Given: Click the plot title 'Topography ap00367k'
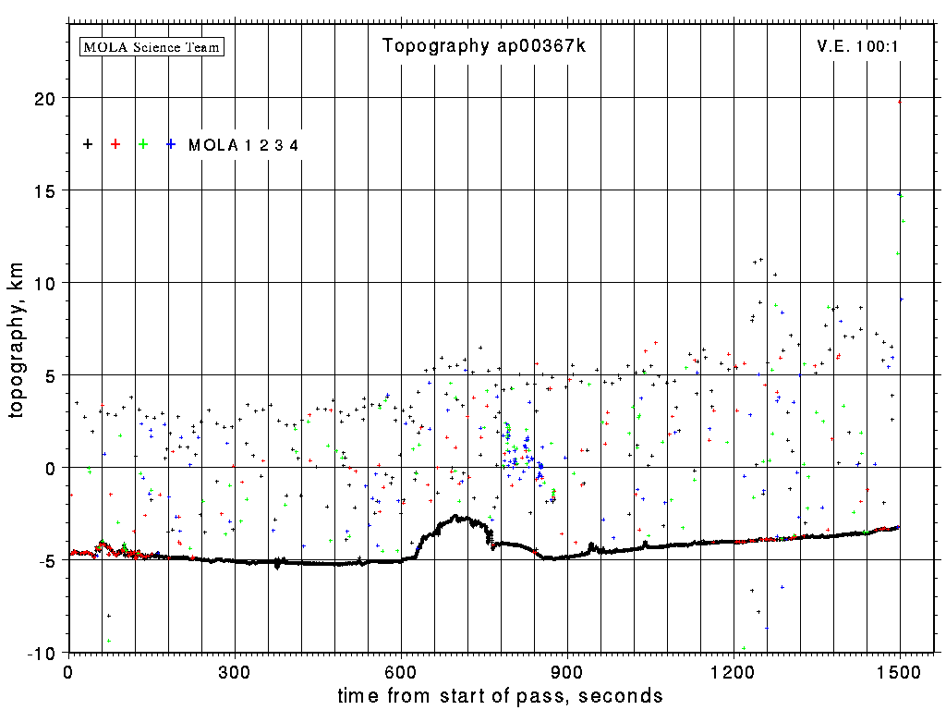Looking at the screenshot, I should pyautogui.click(x=484, y=47).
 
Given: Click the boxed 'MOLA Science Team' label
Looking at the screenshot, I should pyautogui.click(x=152, y=46).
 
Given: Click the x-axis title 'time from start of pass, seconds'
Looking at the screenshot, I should pyautogui.click(x=500, y=696).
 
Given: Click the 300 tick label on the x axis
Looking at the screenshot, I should pyautogui.click(x=235, y=671).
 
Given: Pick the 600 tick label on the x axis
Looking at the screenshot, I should pyautogui.click(x=401, y=671).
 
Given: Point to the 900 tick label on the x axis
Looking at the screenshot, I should pyautogui.click(x=567, y=671).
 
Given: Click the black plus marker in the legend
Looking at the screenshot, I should pyautogui.click(x=88, y=143).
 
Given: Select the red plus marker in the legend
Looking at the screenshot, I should pyautogui.click(x=115, y=143).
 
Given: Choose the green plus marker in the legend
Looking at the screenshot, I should pyautogui.click(x=143, y=143).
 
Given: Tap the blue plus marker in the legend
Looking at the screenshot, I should pyautogui.click(x=171, y=143).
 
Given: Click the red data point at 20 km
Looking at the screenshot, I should pyautogui.click(x=900, y=102).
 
